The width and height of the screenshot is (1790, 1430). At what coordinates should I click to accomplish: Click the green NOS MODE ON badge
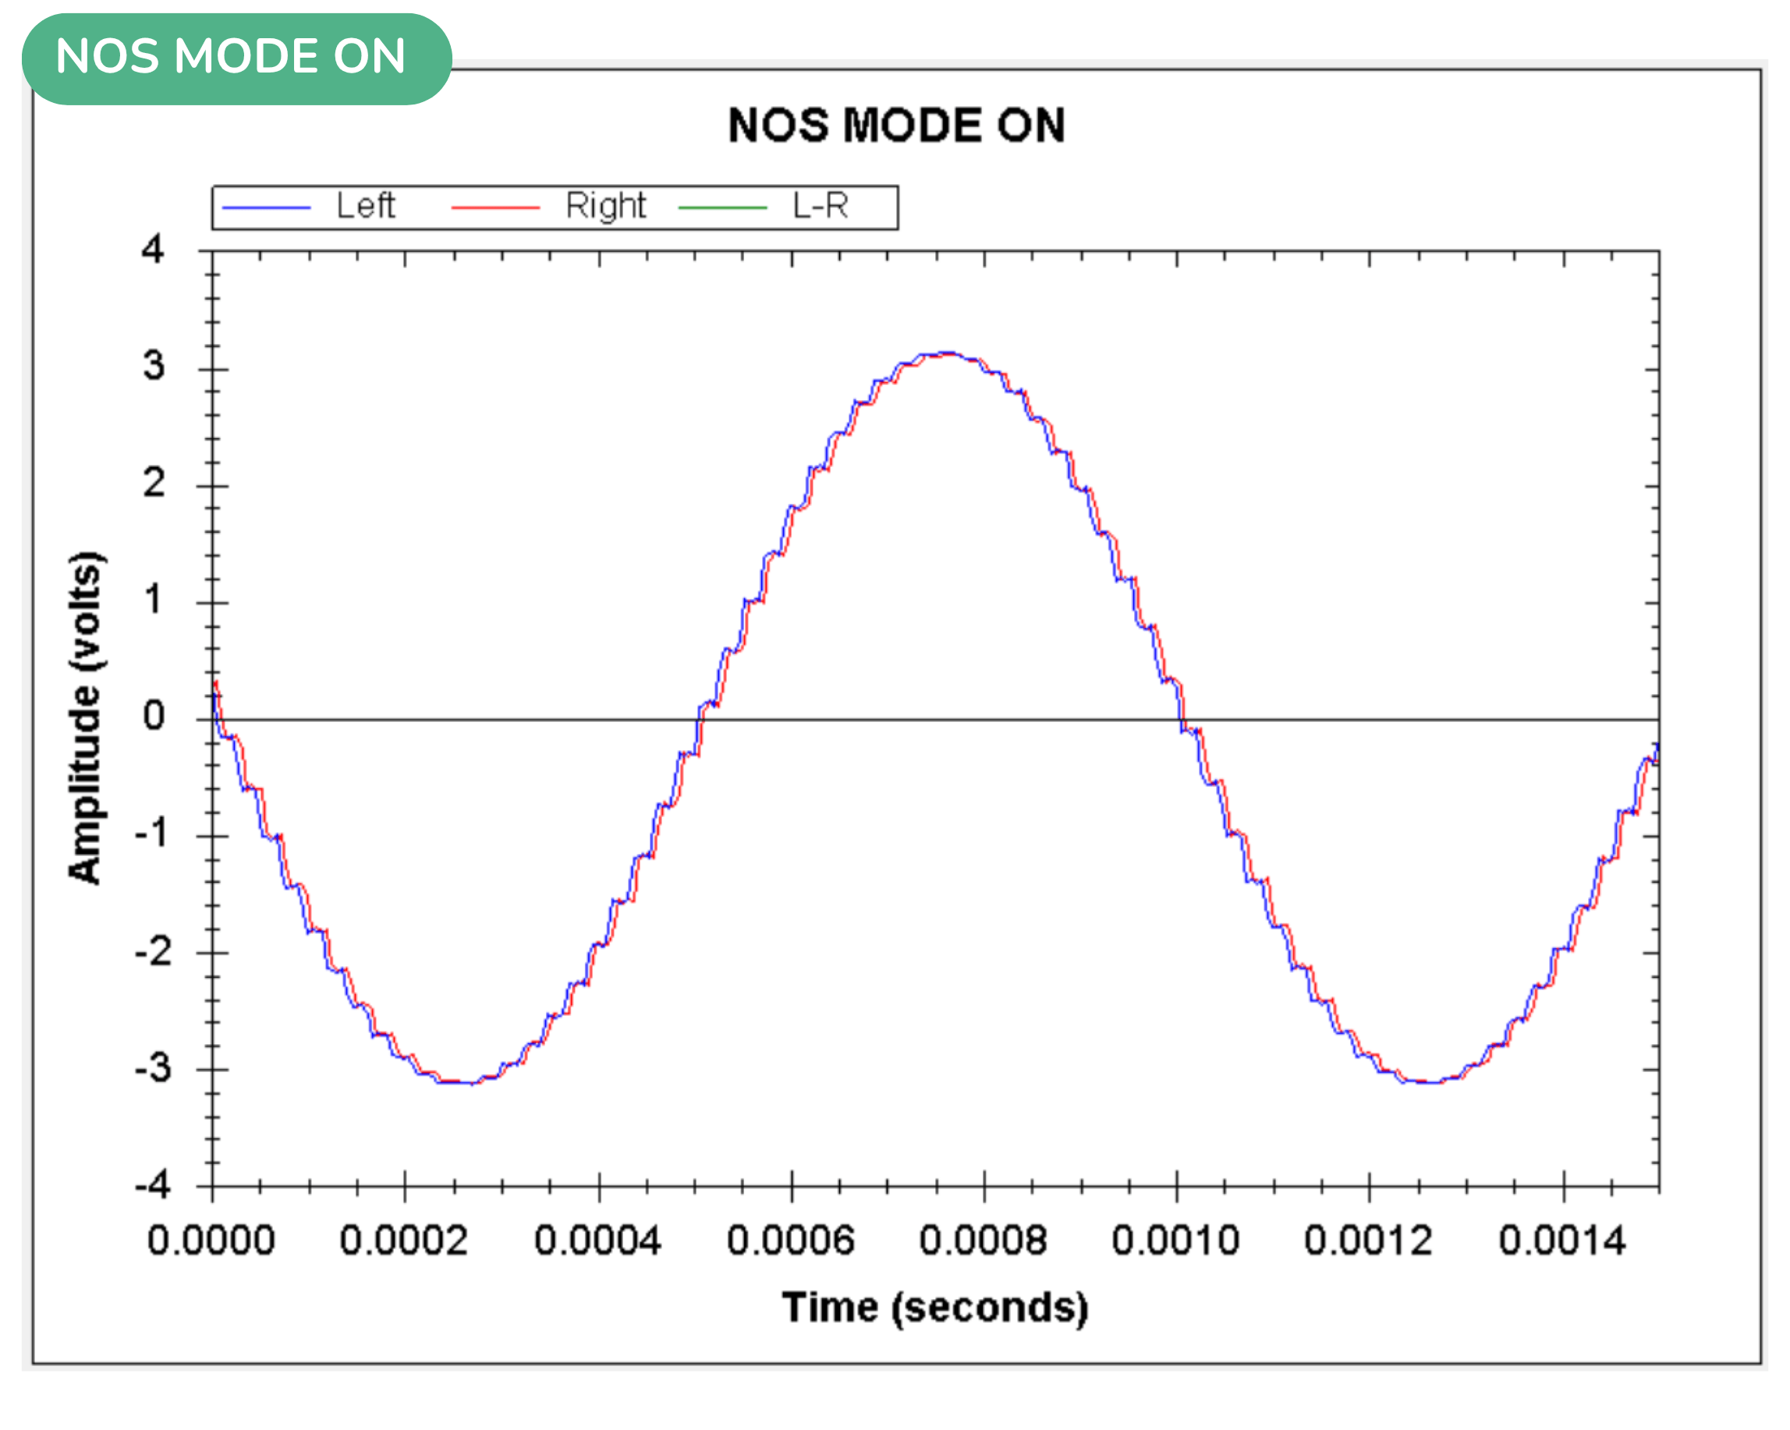click(x=236, y=58)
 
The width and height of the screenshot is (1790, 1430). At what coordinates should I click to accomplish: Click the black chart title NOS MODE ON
click(x=896, y=126)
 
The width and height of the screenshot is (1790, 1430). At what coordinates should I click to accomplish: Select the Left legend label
click(x=365, y=206)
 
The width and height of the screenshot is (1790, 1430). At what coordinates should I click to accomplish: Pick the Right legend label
click(x=605, y=206)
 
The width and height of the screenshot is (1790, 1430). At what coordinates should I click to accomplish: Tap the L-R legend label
click(x=821, y=206)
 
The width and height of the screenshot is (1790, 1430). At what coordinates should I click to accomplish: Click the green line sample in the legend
click(x=722, y=207)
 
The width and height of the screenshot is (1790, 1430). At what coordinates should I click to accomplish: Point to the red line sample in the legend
click(x=494, y=207)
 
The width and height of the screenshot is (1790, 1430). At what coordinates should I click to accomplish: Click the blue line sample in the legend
click(x=266, y=207)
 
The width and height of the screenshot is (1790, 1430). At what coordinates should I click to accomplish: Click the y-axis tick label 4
click(x=153, y=249)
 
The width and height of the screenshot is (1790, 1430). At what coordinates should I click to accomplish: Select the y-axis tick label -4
click(x=153, y=1184)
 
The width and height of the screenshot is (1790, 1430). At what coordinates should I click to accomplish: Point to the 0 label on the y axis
click(x=154, y=716)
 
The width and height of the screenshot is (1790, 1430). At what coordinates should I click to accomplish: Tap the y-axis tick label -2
click(x=153, y=951)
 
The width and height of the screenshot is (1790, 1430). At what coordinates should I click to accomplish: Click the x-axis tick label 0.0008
click(x=983, y=1241)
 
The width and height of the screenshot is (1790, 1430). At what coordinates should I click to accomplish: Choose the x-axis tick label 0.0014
click(x=1561, y=1241)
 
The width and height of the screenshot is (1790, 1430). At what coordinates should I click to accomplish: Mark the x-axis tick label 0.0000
click(x=211, y=1241)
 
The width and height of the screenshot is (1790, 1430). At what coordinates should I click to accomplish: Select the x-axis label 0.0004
click(x=597, y=1241)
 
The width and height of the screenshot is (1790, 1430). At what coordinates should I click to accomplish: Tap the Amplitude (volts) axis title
click(x=85, y=717)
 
